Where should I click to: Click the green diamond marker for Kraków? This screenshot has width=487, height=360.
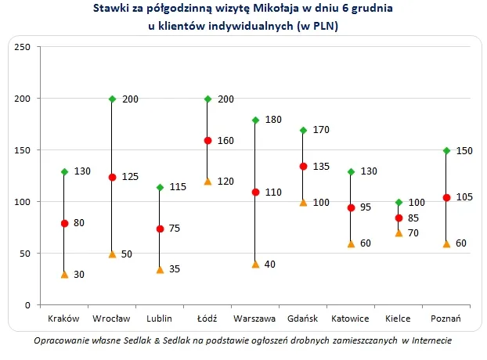[64, 171]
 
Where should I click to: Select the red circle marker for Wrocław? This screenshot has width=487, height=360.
[112, 177]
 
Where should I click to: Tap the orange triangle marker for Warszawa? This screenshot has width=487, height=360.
[254, 264]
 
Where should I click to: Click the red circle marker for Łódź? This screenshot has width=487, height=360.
[207, 141]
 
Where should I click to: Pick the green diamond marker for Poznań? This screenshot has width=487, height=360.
[446, 151]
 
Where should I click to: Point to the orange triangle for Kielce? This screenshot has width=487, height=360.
[398, 232]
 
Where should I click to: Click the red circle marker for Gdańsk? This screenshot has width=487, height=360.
[302, 166]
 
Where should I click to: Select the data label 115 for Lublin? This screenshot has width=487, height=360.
[178, 187]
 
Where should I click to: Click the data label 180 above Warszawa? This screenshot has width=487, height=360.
[273, 120]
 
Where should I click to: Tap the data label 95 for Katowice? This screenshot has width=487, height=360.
[366, 207]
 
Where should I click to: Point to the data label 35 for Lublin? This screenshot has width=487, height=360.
[175, 269]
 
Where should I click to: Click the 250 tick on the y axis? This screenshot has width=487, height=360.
[23, 48]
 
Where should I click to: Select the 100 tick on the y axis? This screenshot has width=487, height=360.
[23, 202]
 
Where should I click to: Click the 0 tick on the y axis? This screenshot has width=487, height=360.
[27, 304]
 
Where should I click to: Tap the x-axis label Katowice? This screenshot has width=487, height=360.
[350, 320]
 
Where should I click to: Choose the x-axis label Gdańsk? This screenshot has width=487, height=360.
[302, 320]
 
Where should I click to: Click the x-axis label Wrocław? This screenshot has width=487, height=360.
[112, 320]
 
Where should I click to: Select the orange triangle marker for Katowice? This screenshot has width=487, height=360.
[350, 243]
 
